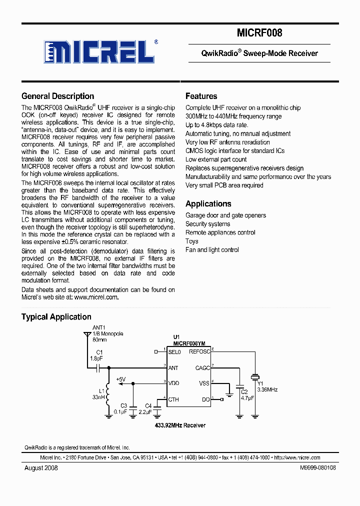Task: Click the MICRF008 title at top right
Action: (259, 33)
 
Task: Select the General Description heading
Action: (57, 96)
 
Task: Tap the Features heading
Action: (201, 96)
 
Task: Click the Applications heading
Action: (208, 203)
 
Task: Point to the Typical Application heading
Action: (56, 316)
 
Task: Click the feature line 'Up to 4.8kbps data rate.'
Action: (216, 125)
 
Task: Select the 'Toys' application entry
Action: (191, 241)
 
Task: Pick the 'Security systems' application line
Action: (207, 224)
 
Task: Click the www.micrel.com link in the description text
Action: (96, 297)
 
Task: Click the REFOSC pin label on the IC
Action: (199, 351)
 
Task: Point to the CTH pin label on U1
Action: (173, 399)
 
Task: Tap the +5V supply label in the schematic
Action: (120, 379)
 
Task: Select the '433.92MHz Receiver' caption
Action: (179, 425)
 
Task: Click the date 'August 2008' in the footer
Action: (41, 467)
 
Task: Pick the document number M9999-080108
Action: (317, 467)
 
